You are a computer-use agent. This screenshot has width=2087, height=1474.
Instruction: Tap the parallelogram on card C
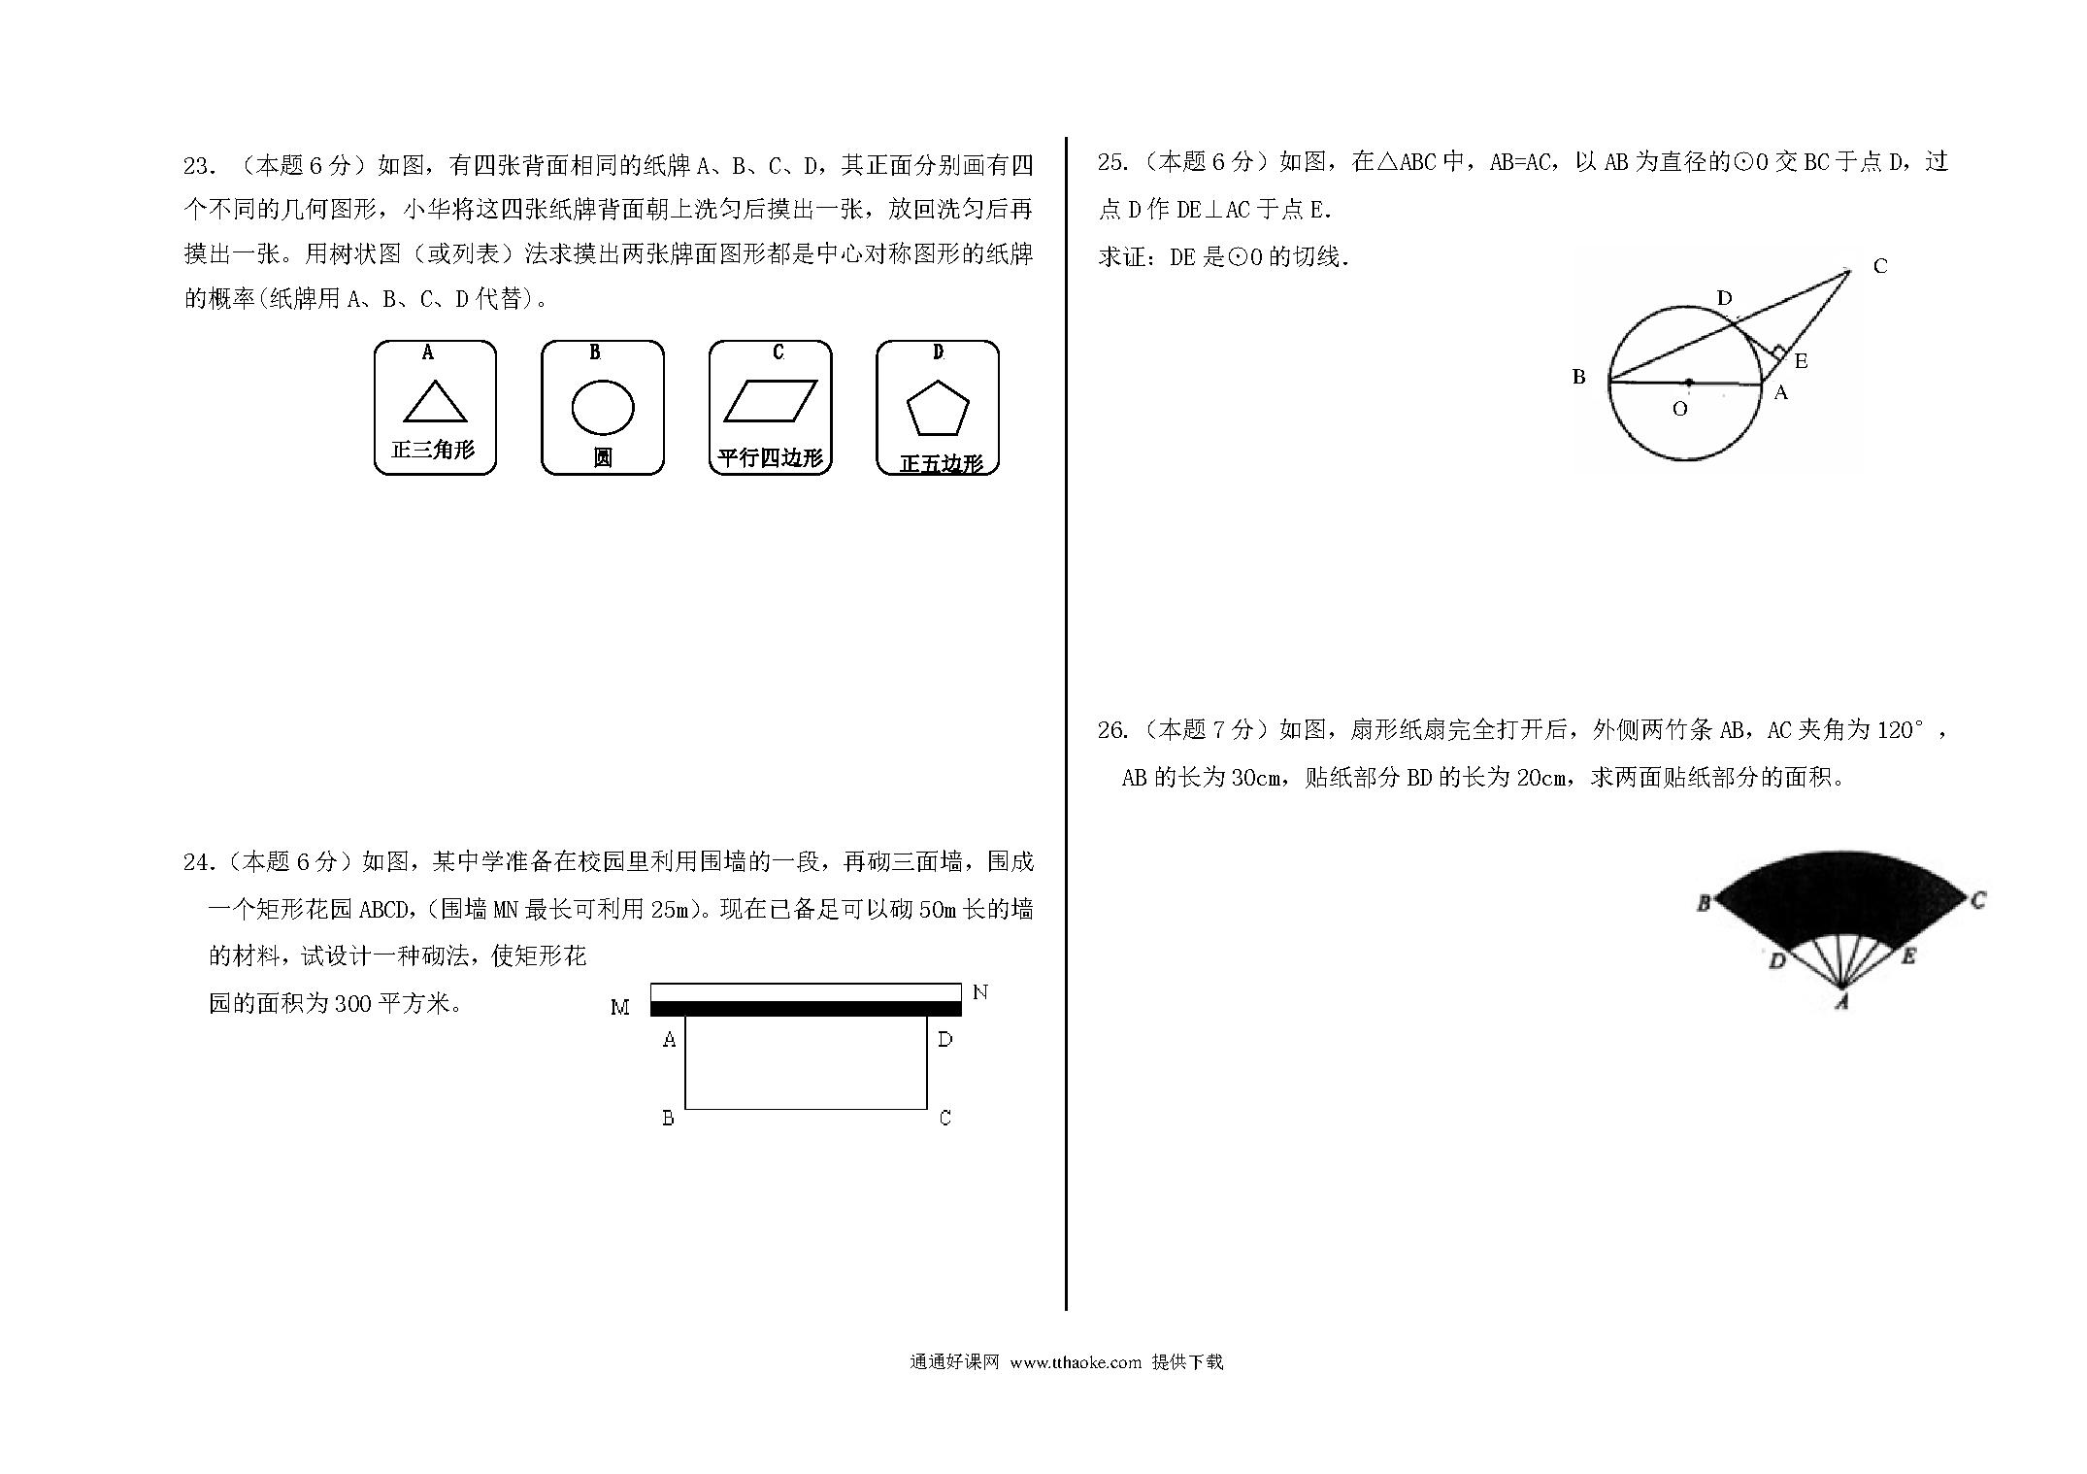(x=771, y=401)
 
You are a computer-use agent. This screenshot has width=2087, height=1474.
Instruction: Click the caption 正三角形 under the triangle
(x=433, y=450)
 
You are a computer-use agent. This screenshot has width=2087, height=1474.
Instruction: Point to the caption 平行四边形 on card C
(x=770, y=457)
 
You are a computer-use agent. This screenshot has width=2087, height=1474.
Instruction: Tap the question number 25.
(x=1112, y=162)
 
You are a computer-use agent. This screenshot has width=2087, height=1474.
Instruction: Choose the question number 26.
(x=1112, y=730)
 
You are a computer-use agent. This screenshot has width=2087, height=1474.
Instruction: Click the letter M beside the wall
(x=620, y=1008)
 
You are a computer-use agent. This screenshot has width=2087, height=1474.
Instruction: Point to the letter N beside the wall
(x=980, y=991)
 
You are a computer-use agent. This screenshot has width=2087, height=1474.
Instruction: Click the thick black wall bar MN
(x=806, y=1009)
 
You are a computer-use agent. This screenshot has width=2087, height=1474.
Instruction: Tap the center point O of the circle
(x=1689, y=383)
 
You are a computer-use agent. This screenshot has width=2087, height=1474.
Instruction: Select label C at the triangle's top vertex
(x=1880, y=266)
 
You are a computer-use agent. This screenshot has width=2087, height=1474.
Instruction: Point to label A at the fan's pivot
(x=1841, y=1002)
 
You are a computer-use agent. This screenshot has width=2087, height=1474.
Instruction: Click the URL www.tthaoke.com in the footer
(x=1076, y=1362)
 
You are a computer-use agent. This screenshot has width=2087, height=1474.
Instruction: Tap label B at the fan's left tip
(x=1704, y=904)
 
